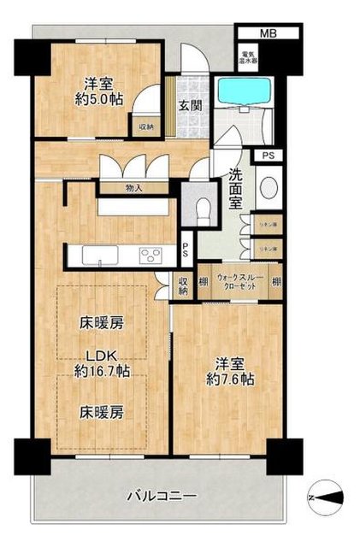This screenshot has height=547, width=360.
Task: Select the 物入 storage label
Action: [133, 187]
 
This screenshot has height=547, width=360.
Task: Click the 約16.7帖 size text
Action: [102, 372]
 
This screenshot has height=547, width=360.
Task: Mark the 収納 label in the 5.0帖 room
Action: [147, 127]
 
